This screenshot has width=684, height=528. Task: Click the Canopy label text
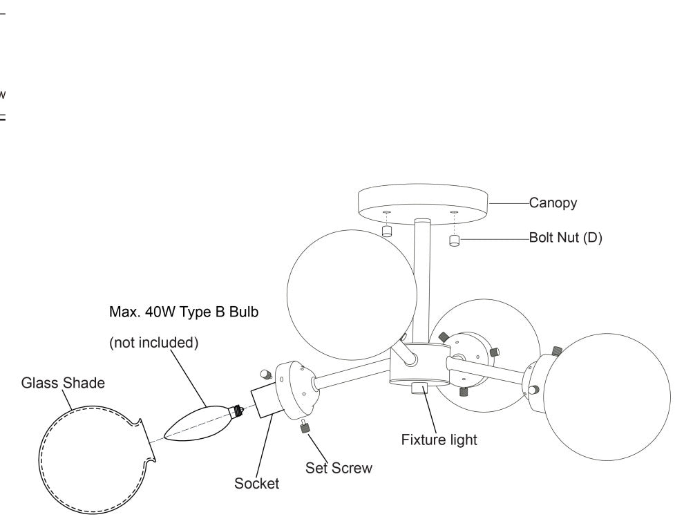coord(553,203)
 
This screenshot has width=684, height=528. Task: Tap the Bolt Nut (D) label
coord(566,238)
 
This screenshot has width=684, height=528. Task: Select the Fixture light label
coord(439,440)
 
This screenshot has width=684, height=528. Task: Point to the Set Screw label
coord(339,468)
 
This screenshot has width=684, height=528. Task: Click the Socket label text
coord(256,484)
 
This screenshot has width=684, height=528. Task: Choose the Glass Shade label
coord(63,383)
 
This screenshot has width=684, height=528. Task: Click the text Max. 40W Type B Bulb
coord(184,312)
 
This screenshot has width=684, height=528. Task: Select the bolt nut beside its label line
coord(455,241)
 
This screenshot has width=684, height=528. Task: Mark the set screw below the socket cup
coord(303,428)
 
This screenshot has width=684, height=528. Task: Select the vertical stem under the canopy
coord(421,276)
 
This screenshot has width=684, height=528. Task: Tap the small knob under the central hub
coord(419,388)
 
